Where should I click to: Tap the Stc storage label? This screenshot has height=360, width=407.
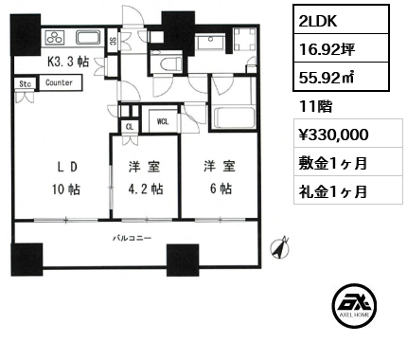[x=24, y=83]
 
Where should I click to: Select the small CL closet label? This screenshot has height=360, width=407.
[x=129, y=127]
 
